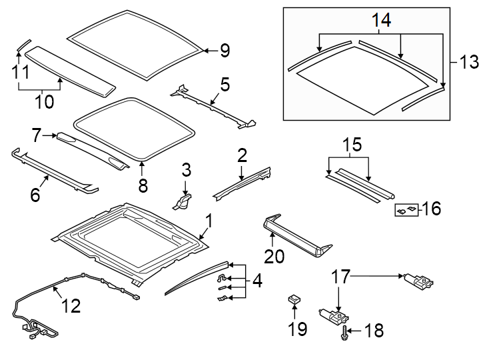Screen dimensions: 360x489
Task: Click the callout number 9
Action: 225,50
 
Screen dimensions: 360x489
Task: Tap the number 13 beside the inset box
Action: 469,63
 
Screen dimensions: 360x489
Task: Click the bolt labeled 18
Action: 344,331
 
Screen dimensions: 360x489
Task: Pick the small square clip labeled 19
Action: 293,299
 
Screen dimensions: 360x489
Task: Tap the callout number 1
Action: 209,220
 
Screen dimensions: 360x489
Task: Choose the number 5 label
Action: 225,84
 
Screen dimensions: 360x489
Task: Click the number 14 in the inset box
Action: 380,21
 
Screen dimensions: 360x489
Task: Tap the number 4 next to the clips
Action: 256,281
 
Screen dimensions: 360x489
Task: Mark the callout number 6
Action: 35,195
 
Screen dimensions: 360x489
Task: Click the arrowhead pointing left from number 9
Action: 206,50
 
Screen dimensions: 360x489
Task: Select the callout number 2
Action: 241,155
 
